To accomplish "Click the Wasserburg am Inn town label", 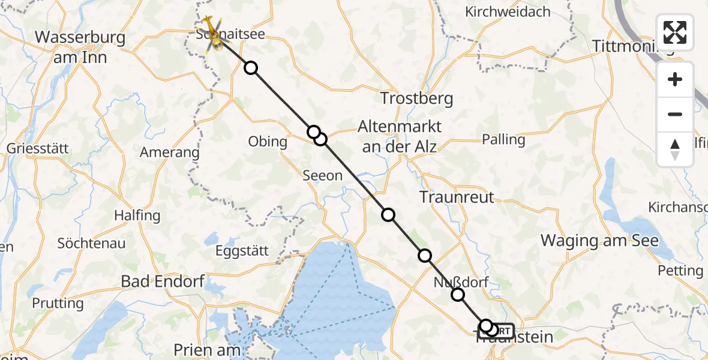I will click(80, 47).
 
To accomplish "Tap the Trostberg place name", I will click(417, 98).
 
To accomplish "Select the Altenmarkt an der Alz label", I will click(399, 136).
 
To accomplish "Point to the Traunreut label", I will click(457, 196).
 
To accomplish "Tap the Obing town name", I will click(268, 142).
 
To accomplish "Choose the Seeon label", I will click(323, 176).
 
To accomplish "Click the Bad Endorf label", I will click(163, 281).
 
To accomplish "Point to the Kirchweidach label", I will click(508, 11).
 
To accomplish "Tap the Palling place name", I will click(503, 140).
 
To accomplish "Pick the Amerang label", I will click(169, 152).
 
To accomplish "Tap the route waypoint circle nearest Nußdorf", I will click(458, 294).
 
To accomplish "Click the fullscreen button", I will click(675, 32).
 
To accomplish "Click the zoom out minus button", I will click(675, 114).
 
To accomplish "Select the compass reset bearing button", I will click(675, 149).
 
